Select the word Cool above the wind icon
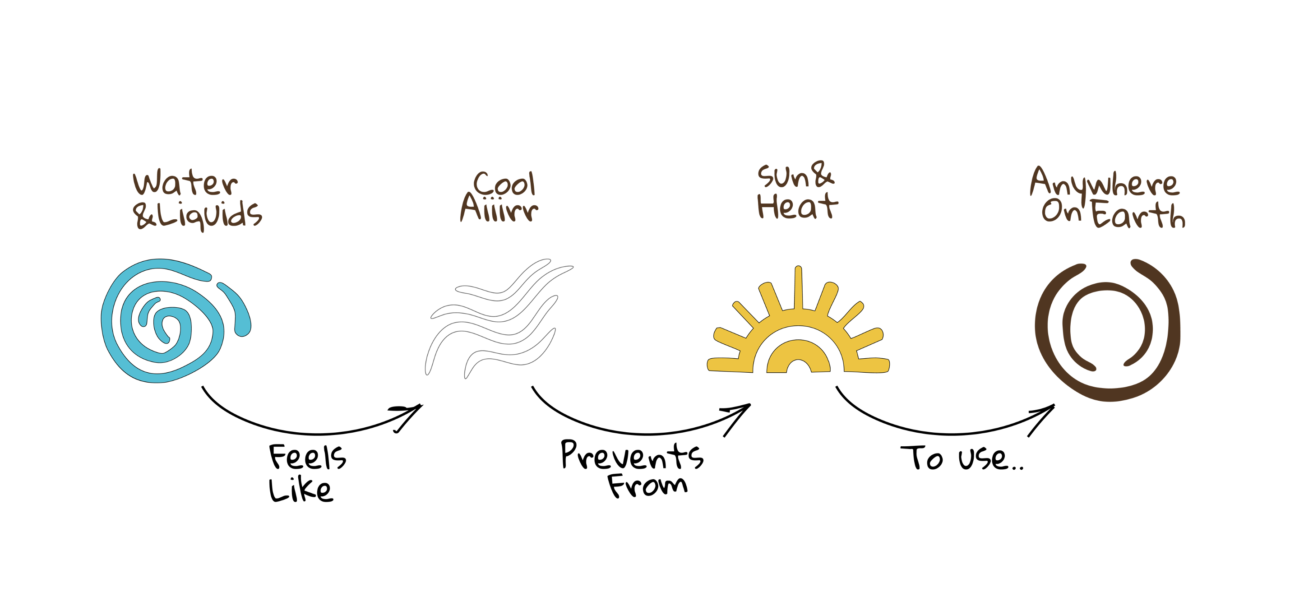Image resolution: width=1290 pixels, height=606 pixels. click(504, 183)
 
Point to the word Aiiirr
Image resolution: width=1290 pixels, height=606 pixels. click(499, 208)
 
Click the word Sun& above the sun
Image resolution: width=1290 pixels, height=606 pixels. click(796, 175)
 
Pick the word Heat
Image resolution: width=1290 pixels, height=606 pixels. click(797, 206)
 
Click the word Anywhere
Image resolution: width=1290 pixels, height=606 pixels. click(1104, 183)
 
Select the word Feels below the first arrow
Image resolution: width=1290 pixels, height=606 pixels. click(307, 457)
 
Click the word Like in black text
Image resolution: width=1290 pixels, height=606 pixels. click(301, 489)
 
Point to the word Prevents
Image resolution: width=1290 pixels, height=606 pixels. click(632, 455)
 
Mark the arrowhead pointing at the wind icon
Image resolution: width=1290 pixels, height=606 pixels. click(410, 415)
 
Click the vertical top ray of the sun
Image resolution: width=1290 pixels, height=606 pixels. click(798, 287)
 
